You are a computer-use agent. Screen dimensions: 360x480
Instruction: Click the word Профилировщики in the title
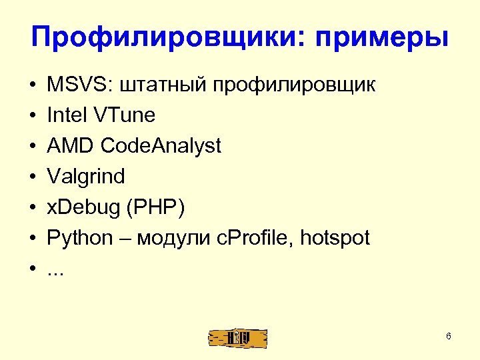pyautogui.click(x=164, y=37)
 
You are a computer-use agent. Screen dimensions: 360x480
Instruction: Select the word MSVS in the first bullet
pyautogui.click(x=72, y=85)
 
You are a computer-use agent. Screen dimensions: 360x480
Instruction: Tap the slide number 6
pyautogui.click(x=449, y=336)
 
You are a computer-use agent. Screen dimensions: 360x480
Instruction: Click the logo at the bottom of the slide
pyautogui.click(x=237, y=338)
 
